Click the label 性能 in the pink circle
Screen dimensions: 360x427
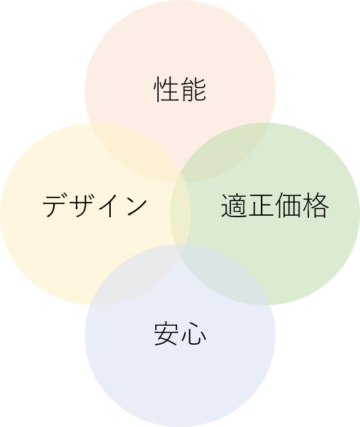click(x=180, y=89)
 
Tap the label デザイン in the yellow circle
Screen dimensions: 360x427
click(x=95, y=205)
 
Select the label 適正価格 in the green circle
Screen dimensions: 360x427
click(x=275, y=205)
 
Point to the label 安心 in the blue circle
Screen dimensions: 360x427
click(x=180, y=334)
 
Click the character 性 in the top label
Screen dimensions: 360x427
click(x=166, y=89)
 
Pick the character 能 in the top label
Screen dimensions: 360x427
click(x=194, y=89)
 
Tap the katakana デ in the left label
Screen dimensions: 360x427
click(x=55, y=205)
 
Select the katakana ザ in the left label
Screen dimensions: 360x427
click(x=82, y=205)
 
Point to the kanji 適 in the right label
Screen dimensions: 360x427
click(x=234, y=205)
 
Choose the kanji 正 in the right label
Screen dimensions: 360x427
click(x=262, y=205)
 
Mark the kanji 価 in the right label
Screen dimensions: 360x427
click(x=289, y=205)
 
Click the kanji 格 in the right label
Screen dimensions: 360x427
click(x=316, y=205)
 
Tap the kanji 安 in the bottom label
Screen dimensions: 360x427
click(x=166, y=334)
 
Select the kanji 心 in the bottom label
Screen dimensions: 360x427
click(x=194, y=334)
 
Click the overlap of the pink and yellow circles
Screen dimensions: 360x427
click(x=136, y=152)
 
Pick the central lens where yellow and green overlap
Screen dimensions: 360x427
click(x=180, y=213)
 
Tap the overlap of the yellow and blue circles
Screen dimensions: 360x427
click(x=136, y=275)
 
